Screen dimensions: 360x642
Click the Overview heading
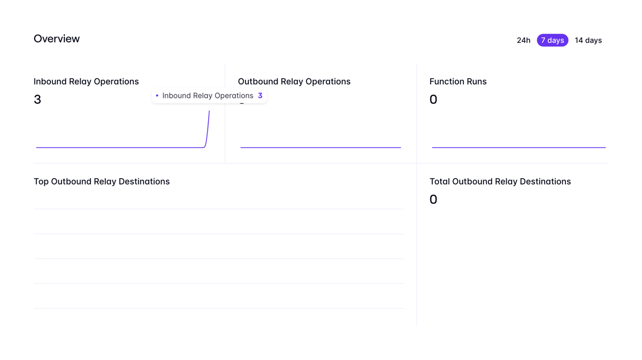tap(57, 39)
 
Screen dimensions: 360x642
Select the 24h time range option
tap(523, 41)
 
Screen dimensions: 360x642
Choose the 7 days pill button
tap(552, 41)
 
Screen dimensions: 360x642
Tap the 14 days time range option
tap(588, 41)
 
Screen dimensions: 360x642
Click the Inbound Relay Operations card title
tap(86, 82)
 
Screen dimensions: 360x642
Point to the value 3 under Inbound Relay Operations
tap(37, 99)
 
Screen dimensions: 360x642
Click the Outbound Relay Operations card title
tap(294, 82)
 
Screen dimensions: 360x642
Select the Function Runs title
tap(458, 82)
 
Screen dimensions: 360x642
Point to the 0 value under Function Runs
tap(433, 99)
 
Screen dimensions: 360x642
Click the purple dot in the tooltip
tap(157, 96)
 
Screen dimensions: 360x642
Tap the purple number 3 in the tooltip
tap(260, 96)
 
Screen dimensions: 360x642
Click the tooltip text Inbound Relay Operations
tap(208, 96)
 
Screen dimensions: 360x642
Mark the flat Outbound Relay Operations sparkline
tap(320, 147)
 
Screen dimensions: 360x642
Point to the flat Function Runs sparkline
tap(518, 147)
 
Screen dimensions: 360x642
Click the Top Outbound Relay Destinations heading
tap(102, 182)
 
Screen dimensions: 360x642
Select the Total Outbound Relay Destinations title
tap(500, 182)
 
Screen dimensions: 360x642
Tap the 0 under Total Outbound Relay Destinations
tap(433, 200)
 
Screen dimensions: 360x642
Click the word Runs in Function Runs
tap(475, 82)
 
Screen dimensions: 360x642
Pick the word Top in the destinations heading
tap(41, 182)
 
